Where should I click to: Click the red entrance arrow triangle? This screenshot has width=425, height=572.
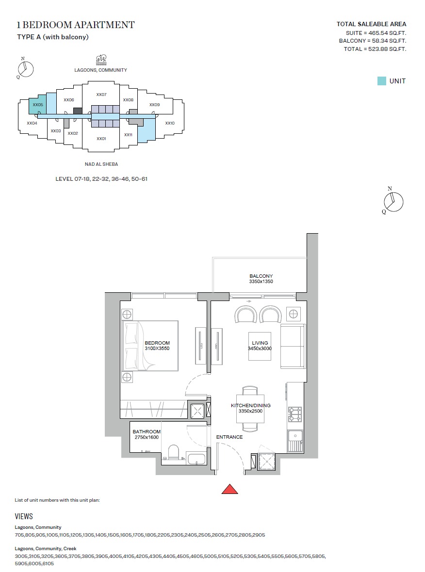pos(229,489)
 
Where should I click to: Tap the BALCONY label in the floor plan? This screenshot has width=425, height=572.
pos(261,276)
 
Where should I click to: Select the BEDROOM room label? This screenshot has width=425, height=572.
pos(157,343)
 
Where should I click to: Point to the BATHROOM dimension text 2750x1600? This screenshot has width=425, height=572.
pos(147,437)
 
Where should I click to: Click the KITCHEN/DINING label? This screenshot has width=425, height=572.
pos(250,405)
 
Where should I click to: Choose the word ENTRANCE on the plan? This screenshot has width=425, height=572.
pos(229,437)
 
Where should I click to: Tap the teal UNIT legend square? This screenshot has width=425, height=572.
pos(382,81)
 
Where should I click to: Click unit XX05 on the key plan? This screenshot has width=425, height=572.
pos(38,105)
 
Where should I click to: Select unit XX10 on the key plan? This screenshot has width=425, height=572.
pos(170,123)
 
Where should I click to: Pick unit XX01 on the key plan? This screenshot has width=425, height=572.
pos(101,139)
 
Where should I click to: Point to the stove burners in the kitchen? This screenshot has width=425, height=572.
pos(294,413)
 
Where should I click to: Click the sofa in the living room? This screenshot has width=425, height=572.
pos(293,347)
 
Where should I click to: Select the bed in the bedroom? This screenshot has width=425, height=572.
pos(150,345)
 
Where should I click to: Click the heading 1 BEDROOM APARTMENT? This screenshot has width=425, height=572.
pos(76,25)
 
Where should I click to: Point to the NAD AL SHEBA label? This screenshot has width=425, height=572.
pos(101,164)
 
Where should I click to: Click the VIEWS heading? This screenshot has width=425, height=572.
pos(24,517)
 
